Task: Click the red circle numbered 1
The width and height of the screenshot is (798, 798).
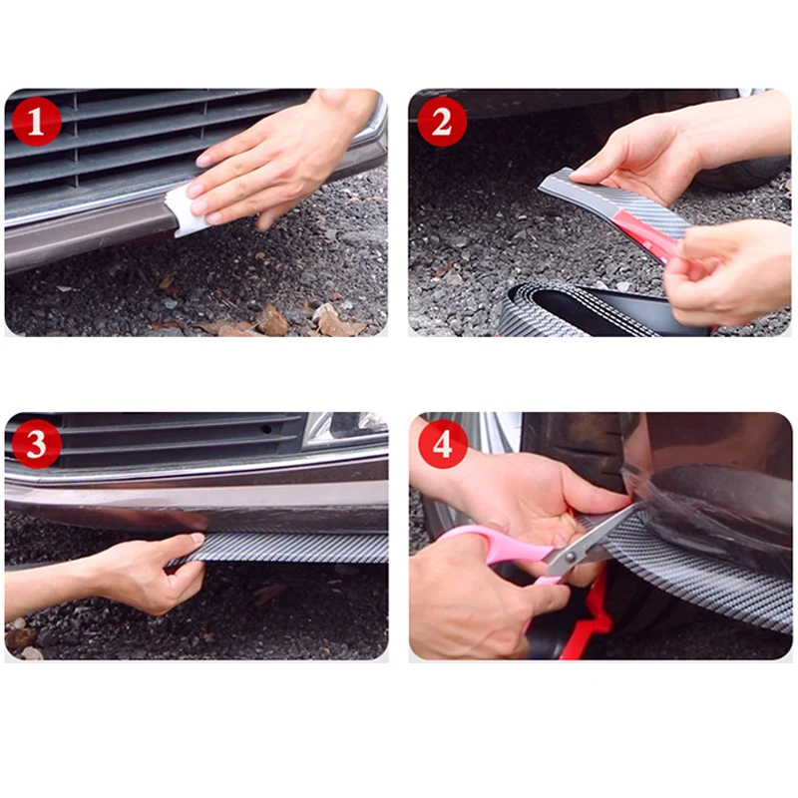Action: click(36, 122)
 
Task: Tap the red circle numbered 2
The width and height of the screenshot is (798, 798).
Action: click(442, 122)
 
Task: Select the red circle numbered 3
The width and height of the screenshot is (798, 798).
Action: click(36, 444)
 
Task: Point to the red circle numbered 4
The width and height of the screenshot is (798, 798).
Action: click(442, 444)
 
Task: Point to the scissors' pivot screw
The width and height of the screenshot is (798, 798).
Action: click(570, 557)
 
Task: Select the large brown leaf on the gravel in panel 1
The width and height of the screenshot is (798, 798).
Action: click(272, 320)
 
